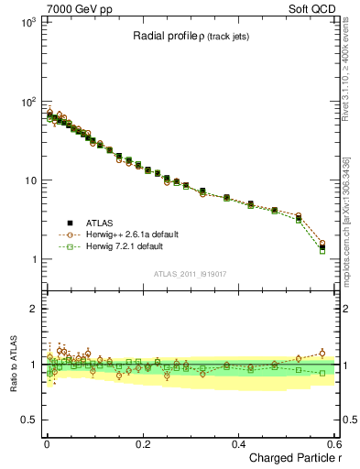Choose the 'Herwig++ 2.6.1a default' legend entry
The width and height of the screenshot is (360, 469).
tap(125, 234)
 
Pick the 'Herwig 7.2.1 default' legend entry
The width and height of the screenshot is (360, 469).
tap(119, 246)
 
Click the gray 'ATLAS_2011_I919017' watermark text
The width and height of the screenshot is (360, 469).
tap(190, 273)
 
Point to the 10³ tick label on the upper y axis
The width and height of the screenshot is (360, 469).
tap(27, 22)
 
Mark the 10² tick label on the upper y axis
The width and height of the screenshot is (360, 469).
tap(27, 101)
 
